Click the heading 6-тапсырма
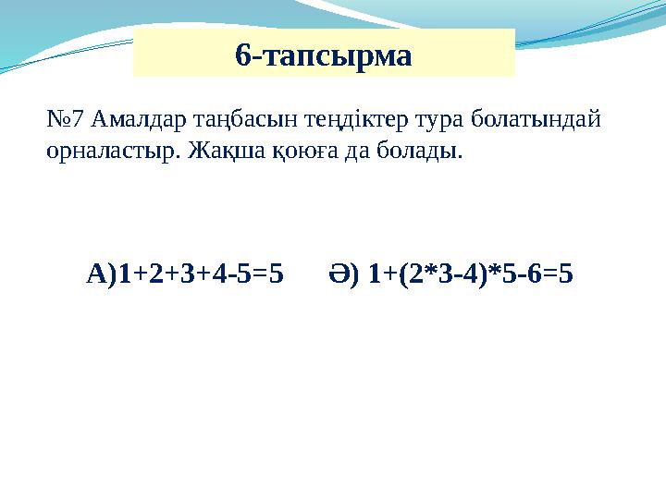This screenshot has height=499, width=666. click(323, 55)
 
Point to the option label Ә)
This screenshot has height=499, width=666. click(342, 274)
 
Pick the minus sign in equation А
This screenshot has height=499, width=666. click(230, 274)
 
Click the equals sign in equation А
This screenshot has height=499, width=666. click(259, 274)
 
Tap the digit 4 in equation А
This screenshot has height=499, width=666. click(216, 274)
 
